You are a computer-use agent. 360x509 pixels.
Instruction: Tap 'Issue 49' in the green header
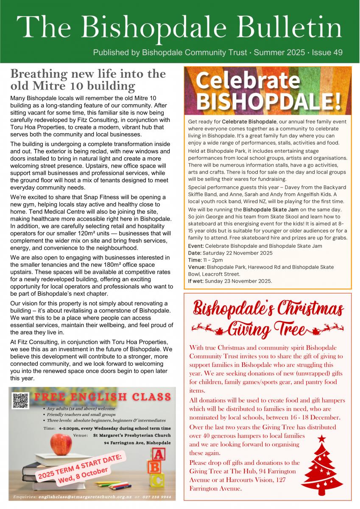[327, 53]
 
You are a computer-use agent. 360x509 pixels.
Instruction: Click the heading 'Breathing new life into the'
[88, 74]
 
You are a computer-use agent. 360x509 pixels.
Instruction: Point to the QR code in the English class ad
[20, 401]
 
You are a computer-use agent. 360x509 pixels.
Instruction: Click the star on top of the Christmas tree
[322, 439]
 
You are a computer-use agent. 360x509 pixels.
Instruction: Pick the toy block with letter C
[157, 480]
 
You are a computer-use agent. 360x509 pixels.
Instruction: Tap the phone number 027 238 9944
[157, 497]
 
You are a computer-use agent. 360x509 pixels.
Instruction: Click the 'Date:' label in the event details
[195, 253]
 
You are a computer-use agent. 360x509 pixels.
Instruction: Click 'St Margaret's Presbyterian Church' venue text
[132, 436]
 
